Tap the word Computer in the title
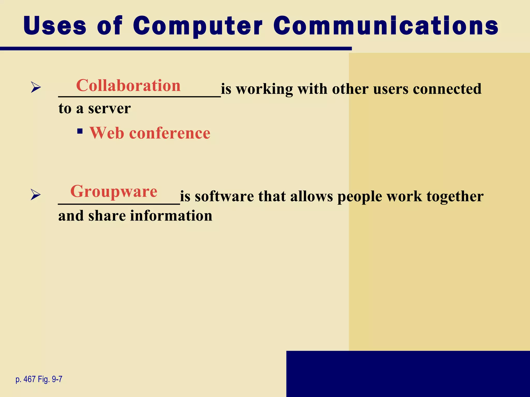pyautogui.click(x=198, y=26)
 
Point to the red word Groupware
pyautogui.click(x=114, y=191)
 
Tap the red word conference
pyautogui.click(x=170, y=133)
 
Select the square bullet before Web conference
pyautogui.click(x=80, y=131)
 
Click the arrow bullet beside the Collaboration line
pyautogui.click(x=36, y=87)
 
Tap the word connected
pyautogui.click(x=447, y=89)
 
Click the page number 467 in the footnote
pyautogui.click(x=30, y=379)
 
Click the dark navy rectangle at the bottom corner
pyautogui.click(x=408, y=374)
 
